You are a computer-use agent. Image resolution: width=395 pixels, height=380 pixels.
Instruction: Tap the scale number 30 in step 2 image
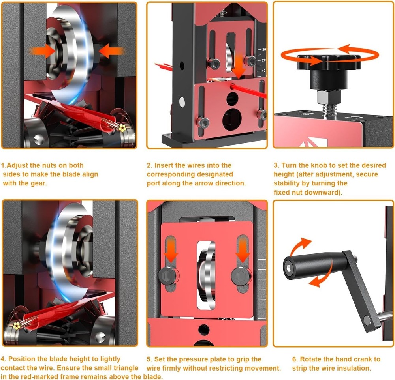click(x=263, y=50)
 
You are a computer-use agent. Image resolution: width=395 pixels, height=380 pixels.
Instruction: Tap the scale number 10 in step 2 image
click(x=263, y=71)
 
